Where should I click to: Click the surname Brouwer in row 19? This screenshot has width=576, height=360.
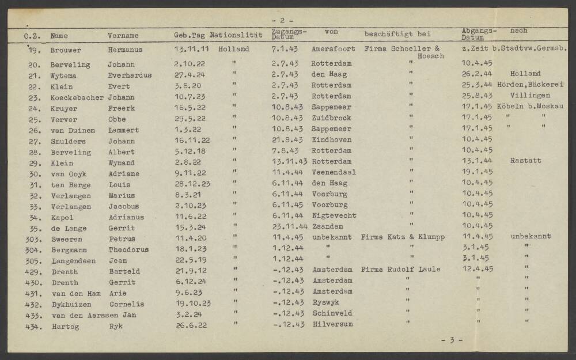coord(66,50)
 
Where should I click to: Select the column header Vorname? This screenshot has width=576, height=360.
coord(123,36)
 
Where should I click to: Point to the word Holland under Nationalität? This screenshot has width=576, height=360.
coord(234,50)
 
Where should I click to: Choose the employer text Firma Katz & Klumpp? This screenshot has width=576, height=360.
coord(403,237)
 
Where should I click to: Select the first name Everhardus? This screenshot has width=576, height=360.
coord(130,75)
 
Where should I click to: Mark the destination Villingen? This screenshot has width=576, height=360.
coord(526,96)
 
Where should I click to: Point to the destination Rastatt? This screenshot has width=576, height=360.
coord(525,161)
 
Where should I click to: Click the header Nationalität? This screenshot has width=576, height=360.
coord(236,35)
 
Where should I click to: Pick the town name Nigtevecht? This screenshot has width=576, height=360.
coord(334,215)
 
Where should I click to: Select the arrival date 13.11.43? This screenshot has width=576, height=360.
coord(289,161)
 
